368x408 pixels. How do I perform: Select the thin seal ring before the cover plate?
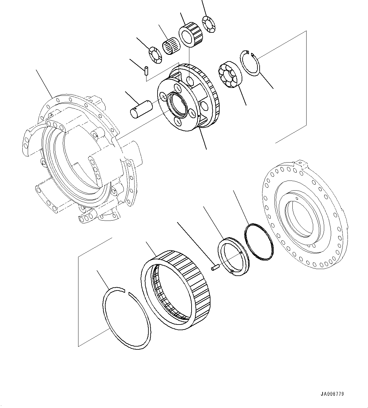(x=259, y=241)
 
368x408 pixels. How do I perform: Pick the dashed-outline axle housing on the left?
(x=79, y=158)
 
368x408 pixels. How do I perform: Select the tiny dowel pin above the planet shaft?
(x=147, y=70)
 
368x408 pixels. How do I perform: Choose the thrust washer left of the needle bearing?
(x=155, y=54)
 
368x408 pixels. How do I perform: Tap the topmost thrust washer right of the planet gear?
(x=209, y=24)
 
